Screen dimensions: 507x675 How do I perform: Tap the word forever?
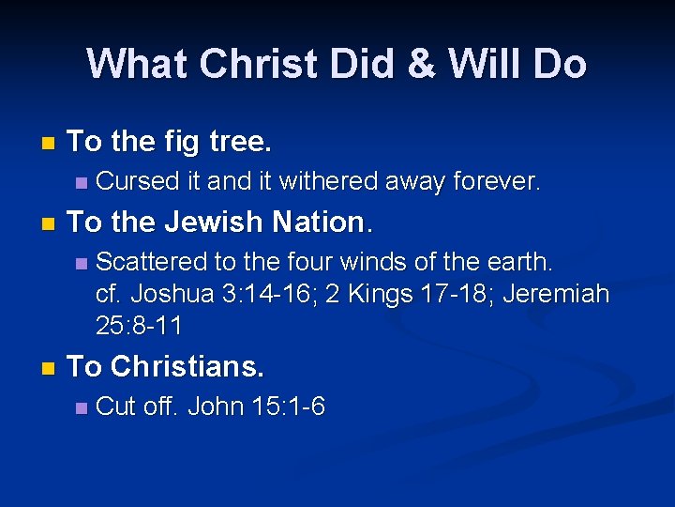point(498,181)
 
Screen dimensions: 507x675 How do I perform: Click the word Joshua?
point(173,294)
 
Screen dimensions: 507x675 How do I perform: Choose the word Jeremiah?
point(557,294)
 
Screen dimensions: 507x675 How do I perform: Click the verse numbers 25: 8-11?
point(139,327)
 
